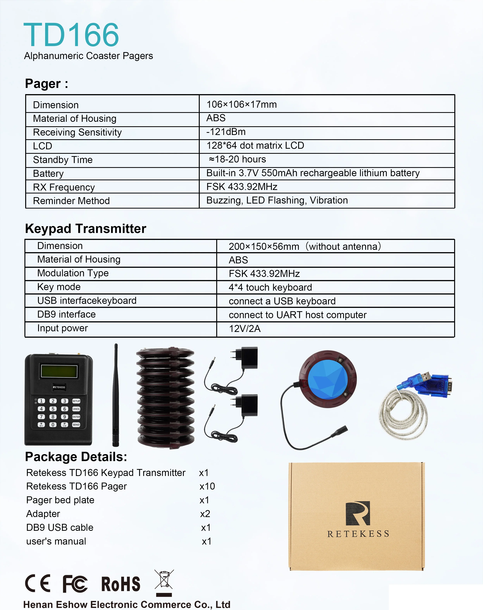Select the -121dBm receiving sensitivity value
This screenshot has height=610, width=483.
click(226, 132)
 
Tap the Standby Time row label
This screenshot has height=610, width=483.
click(63, 160)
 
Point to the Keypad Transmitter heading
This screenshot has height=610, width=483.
click(85, 228)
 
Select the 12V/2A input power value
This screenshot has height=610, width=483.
click(245, 328)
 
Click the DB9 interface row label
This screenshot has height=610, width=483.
click(66, 314)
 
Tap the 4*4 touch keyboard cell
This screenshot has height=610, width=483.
click(270, 287)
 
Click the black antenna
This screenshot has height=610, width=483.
click(116, 396)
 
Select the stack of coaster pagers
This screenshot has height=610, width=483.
click(165, 397)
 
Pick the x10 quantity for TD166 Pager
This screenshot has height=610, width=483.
click(207, 486)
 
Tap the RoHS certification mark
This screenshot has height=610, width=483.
click(121, 584)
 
